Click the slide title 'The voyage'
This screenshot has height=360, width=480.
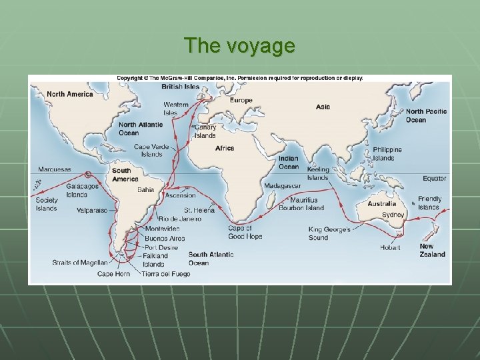[240, 45]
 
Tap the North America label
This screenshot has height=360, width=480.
[70, 94]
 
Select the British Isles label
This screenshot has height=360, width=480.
[180, 87]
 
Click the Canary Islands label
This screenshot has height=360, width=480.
[205, 131]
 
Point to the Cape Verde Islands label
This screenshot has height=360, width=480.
[151, 150]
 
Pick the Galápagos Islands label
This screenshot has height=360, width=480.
[82, 191]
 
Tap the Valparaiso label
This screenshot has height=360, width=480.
[92, 210]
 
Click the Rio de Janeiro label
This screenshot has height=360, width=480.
[180, 219]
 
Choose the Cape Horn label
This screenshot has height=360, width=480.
[113, 274]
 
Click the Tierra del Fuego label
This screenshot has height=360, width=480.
[166, 274]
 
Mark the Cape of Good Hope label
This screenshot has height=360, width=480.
[245, 232]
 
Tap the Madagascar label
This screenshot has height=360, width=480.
[282, 185]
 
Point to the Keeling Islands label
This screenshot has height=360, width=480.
[318, 173]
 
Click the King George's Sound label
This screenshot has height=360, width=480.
[327, 233]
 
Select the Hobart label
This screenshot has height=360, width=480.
[390, 247]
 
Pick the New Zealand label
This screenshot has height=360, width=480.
[433, 250]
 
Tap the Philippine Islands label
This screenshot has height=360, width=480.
[388, 154]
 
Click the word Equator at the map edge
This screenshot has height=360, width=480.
[435, 179]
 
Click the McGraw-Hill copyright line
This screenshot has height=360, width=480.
[240, 79]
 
